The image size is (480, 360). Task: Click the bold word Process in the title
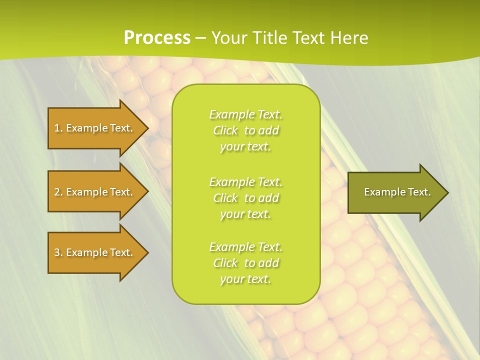157,38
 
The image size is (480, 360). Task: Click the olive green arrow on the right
395,192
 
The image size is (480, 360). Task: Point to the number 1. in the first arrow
58,128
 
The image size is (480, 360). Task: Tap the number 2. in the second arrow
58,192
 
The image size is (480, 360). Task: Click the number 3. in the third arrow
58,252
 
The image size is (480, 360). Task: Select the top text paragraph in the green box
245,130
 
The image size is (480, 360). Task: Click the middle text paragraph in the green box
245,198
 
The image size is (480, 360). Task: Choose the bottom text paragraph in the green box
245,263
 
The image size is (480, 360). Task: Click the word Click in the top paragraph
225,130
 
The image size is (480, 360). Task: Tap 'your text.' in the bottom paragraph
245,279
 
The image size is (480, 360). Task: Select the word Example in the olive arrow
380,192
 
